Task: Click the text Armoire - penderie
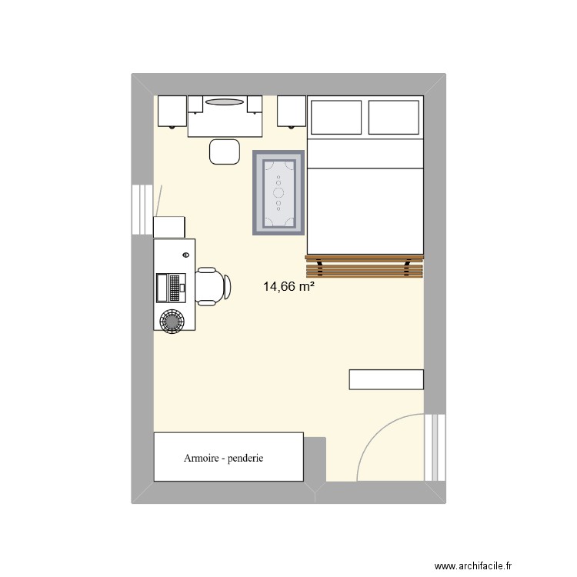(x=224, y=458)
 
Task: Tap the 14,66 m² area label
(x=289, y=288)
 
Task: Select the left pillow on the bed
(x=336, y=115)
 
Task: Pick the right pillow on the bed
(x=394, y=115)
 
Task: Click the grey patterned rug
(x=278, y=192)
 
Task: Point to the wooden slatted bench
(x=365, y=266)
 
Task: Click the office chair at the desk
(x=212, y=286)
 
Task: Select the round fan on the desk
(x=171, y=319)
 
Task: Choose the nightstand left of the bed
(x=292, y=111)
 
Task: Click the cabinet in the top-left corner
(x=172, y=111)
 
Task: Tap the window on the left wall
(x=143, y=209)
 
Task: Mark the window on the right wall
(x=435, y=446)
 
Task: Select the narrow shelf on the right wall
(x=386, y=379)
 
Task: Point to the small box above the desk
(x=169, y=227)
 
